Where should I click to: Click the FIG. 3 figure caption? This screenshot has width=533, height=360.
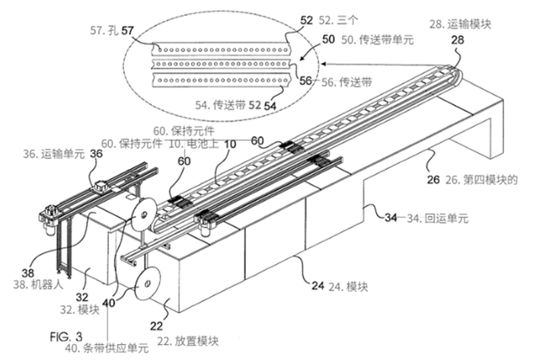(66, 336)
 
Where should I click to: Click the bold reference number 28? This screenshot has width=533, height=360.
(457, 40)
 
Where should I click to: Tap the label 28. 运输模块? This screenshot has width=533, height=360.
(460, 24)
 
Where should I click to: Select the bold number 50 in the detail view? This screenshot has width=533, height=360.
(328, 39)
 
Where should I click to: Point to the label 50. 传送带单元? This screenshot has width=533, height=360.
(378, 40)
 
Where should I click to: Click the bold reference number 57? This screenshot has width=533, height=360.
(127, 30)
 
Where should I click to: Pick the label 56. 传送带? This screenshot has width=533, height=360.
(346, 82)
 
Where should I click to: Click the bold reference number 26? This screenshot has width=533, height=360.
(433, 180)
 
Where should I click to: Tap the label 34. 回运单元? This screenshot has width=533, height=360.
(438, 218)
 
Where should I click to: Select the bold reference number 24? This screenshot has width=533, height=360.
(318, 285)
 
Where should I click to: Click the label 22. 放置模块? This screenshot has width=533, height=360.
(188, 341)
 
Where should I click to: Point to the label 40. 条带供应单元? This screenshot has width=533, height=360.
(107, 349)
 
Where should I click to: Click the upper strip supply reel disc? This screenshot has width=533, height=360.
(143, 214)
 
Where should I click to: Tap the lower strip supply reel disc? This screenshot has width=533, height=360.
(148, 284)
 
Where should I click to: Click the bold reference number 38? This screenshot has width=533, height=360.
(28, 272)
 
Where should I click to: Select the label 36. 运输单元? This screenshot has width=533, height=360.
(54, 154)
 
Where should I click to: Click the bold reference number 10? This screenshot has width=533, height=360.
(230, 144)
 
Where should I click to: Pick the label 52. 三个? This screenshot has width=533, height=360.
(339, 20)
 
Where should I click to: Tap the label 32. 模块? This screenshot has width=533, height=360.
(80, 310)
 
